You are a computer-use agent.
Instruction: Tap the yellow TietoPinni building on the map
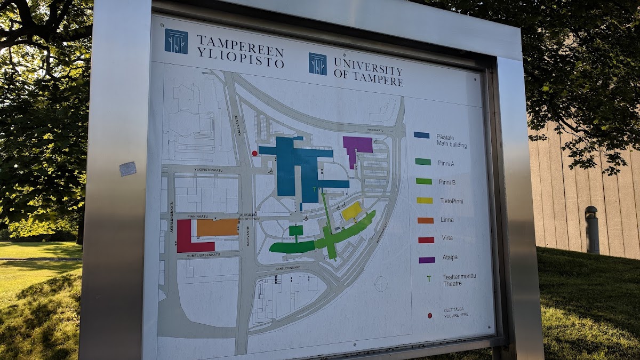[x=351, y=211]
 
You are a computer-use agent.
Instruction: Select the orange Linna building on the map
[x=218, y=228]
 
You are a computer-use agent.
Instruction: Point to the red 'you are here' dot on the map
[x=255, y=154]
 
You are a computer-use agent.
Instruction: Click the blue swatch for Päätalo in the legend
[x=421, y=135]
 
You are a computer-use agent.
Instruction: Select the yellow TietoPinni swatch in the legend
[x=425, y=201]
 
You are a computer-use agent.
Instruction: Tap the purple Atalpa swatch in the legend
[x=426, y=260]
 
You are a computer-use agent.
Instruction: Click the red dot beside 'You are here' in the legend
[x=429, y=315]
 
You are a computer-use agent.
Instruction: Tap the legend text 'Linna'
[x=447, y=220]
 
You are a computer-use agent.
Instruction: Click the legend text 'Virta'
[x=446, y=238]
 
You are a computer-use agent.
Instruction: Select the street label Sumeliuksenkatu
[x=205, y=255]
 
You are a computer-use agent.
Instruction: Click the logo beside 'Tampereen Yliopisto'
[x=176, y=41]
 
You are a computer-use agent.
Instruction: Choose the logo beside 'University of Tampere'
[x=318, y=63]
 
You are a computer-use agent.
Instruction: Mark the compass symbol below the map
[x=381, y=284]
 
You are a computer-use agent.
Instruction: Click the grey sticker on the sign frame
[x=127, y=169]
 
